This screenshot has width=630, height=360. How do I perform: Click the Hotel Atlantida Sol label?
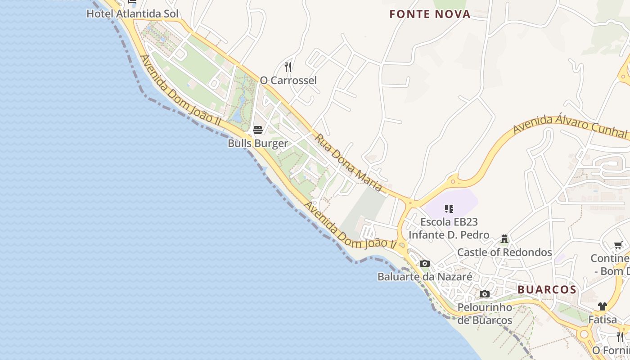(x=132, y=14)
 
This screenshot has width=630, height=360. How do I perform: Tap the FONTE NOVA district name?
(x=430, y=14)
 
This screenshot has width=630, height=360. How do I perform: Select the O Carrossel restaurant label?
(x=288, y=81)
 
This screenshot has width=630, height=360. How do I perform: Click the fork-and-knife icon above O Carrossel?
(x=288, y=67)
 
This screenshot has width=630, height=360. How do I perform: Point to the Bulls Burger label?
(x=257, y=144)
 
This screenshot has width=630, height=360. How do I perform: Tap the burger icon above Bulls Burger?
(x=258, y=130)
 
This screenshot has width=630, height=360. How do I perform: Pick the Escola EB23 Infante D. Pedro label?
(x=449, y=228)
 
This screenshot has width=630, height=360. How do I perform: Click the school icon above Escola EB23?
(x=449, y=208)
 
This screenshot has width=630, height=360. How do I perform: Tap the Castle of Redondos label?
(x=504, y=252)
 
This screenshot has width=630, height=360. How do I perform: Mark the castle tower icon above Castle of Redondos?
(x=504, y=238)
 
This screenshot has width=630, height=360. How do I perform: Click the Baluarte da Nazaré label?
(x=425, y=277)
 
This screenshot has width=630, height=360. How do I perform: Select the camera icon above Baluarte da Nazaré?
(x=424, y=264)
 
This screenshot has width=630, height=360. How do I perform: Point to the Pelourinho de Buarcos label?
(x=485, y=314)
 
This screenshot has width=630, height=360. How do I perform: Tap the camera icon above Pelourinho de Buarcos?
(x=485, y=294)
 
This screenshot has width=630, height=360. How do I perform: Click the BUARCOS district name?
(x=547, y=290)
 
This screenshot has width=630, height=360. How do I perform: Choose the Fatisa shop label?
(x=603, y=320)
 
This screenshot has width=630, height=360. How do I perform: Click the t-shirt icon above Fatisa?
(x=603, y=306)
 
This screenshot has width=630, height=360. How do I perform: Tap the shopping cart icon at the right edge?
(x=618, y=245)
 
